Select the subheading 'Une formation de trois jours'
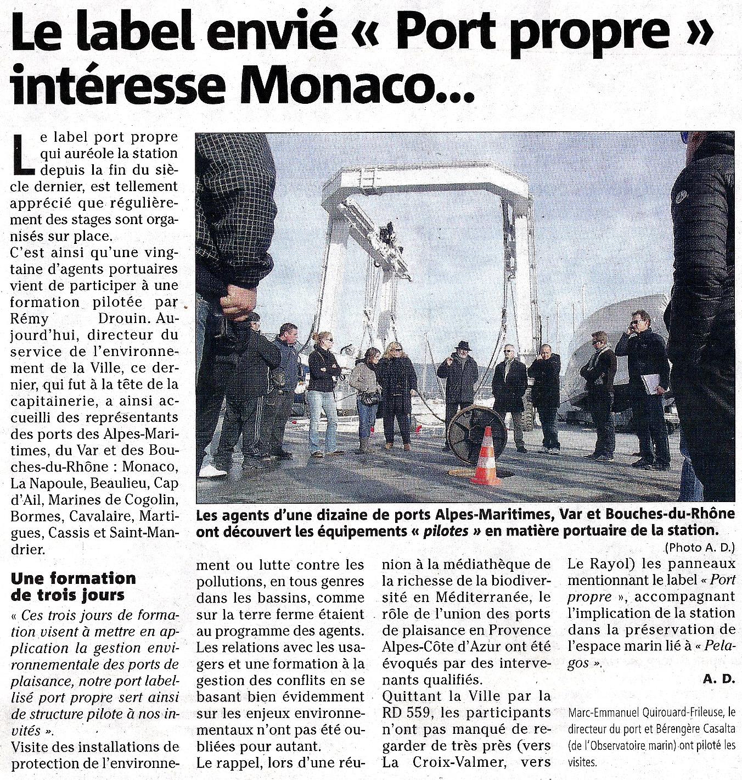coord(73,586)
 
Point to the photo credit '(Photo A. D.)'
coord(699,548)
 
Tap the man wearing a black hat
coord(458,385)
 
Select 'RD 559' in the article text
coord(403,712)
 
